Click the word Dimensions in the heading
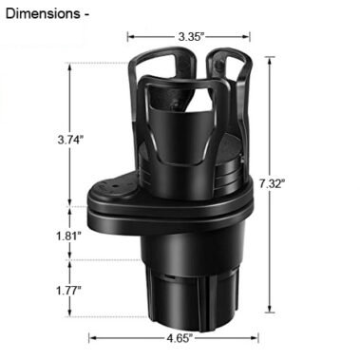43,14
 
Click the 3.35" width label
190,37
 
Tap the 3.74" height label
70,140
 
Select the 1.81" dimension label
68,236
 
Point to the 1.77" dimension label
68,291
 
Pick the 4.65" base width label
180,338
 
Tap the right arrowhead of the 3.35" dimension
247,37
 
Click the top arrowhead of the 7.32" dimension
270,61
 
